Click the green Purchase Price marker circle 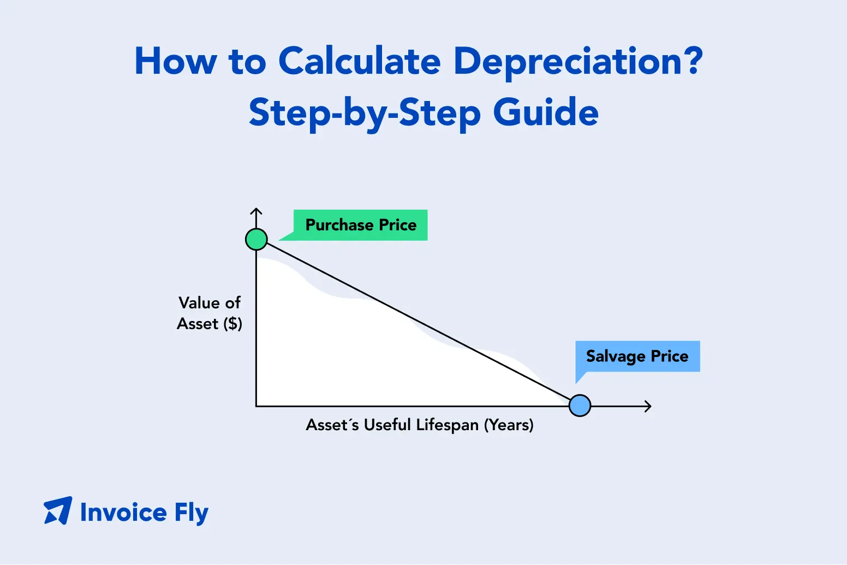click(257, 239)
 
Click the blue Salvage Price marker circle click(580, 406)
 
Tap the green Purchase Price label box click(360, 225)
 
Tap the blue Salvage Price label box click(637, 356)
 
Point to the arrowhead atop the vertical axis click(257, 209)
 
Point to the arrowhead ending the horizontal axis click(650, 406)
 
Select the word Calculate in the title click(359, 61)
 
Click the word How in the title click(176, 61)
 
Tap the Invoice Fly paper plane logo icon click(58, 510)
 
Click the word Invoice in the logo click(123, 513)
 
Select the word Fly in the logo click(192, 514)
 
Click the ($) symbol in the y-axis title click(232, 324)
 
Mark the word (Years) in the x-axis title click(509, 425)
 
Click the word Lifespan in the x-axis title click(448, 425)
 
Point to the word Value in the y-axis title click(199, 303)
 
